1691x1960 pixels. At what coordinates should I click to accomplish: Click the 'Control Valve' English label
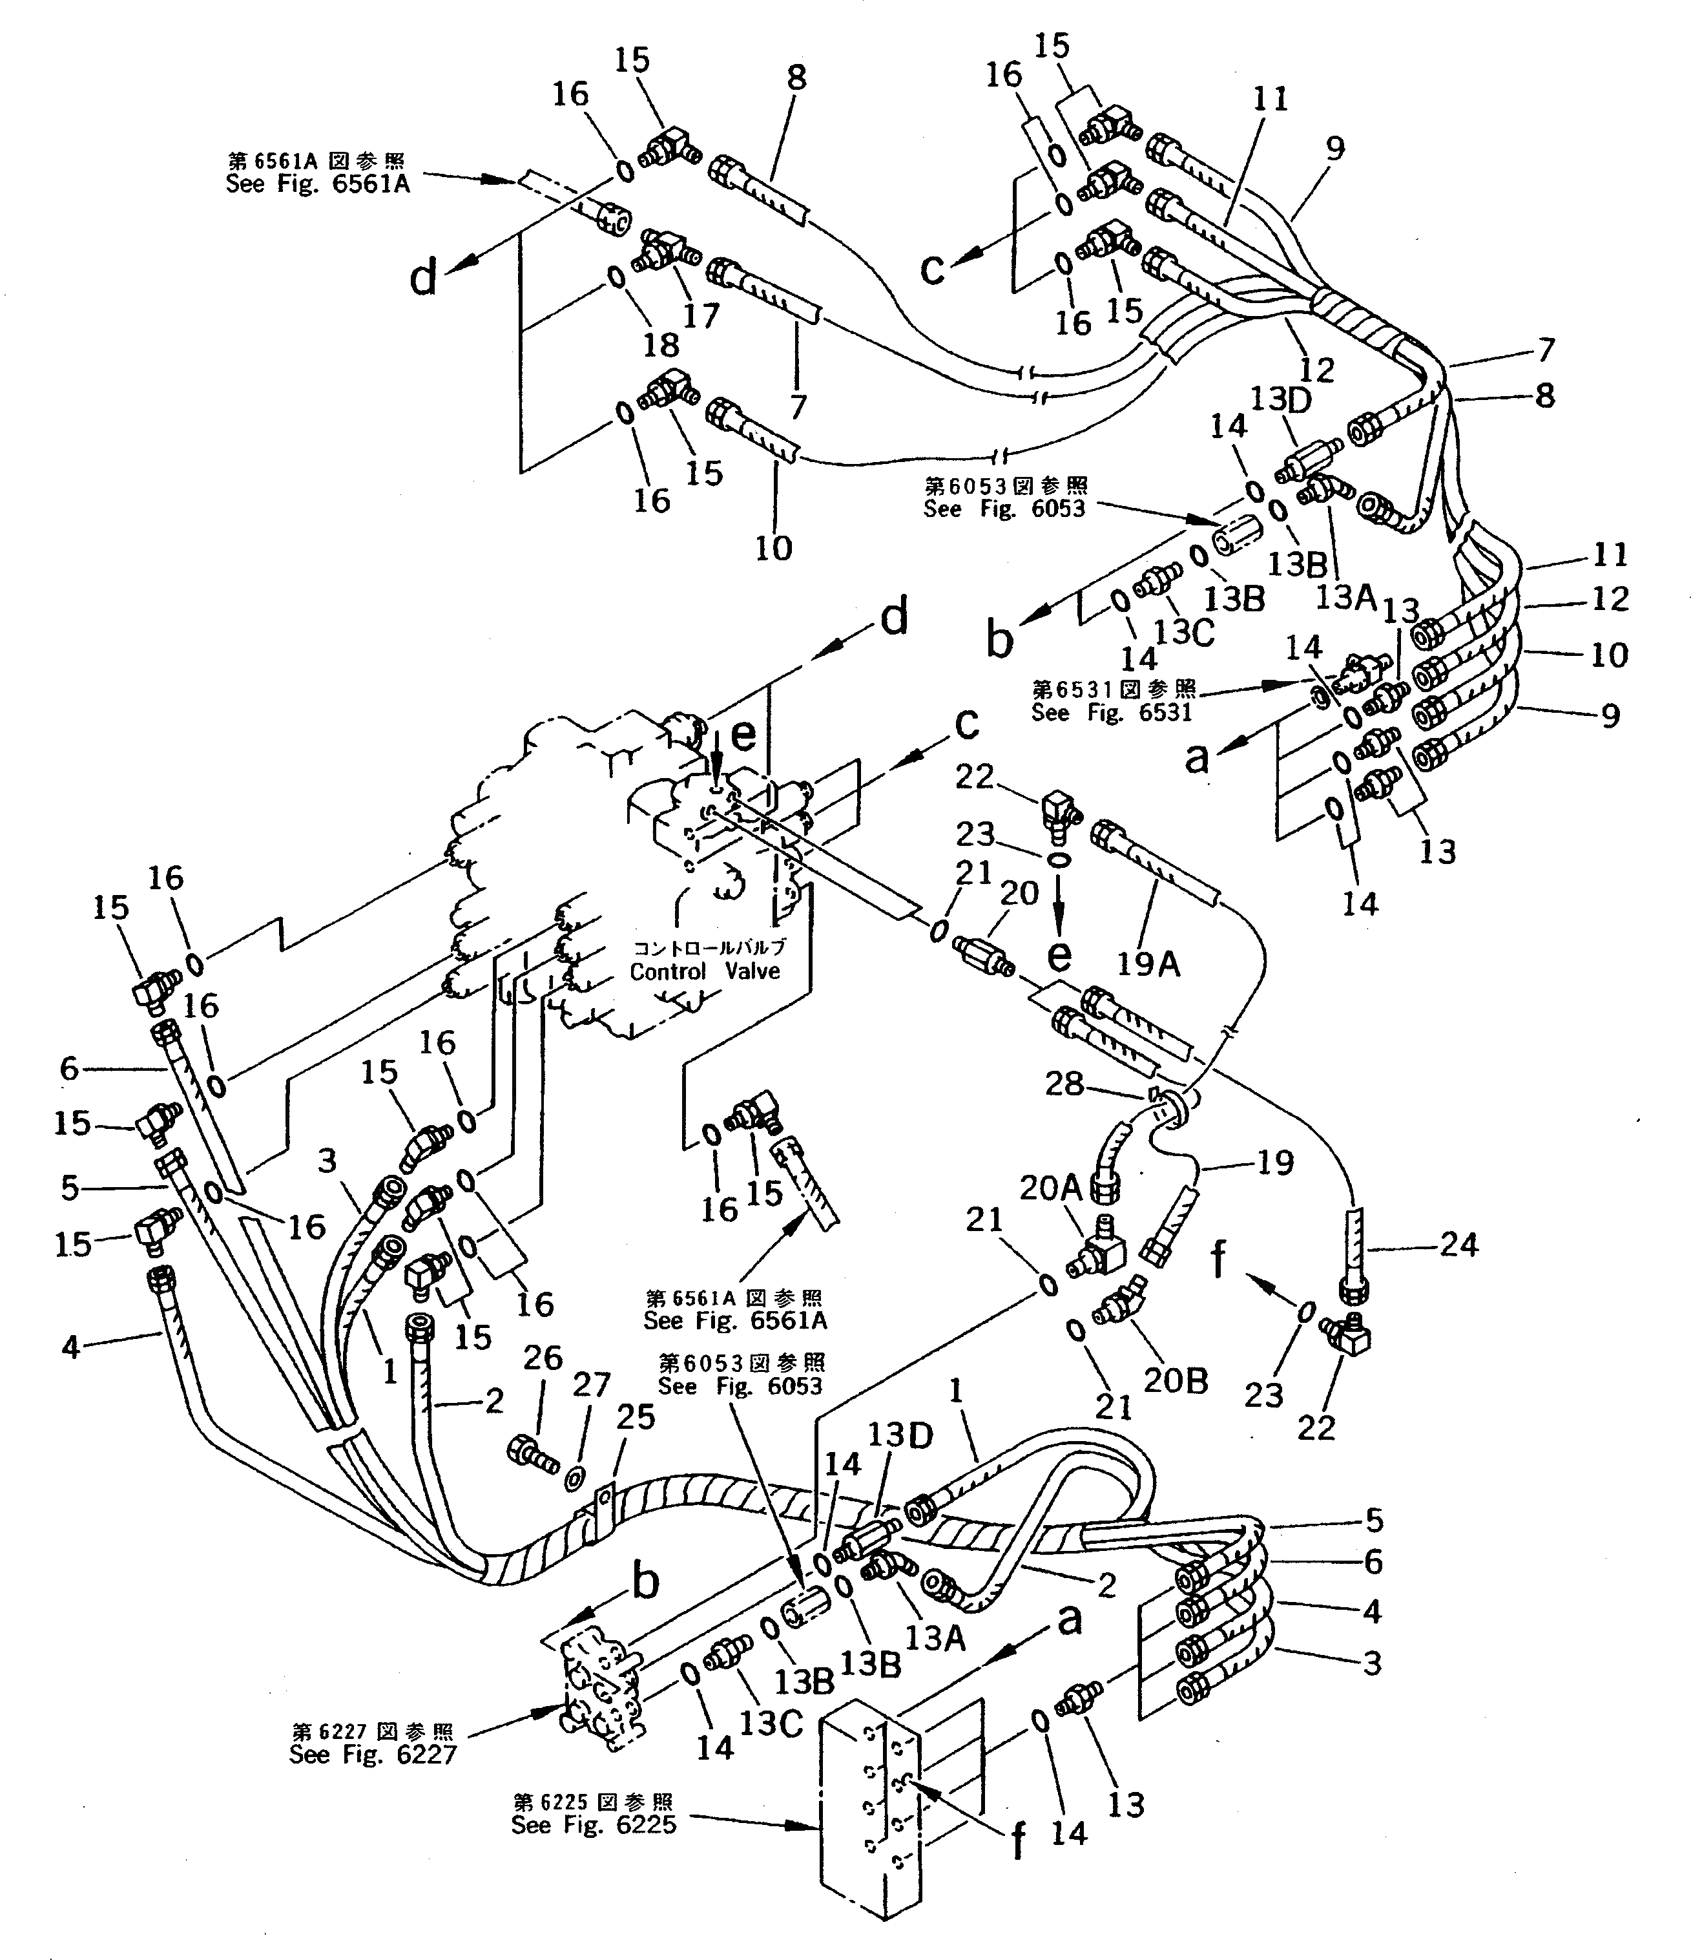point(705,971)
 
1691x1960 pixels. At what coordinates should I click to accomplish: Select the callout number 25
point(636,1418)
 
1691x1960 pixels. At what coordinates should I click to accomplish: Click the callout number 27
point(593,1385)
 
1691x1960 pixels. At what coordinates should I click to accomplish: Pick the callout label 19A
point(1148,964)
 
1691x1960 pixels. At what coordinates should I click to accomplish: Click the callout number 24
point(1457,1245)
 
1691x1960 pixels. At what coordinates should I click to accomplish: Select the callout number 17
point(701,315)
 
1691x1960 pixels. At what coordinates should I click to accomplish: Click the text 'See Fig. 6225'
point(594,1825)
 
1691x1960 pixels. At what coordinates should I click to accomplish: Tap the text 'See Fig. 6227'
point(373,1755)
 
